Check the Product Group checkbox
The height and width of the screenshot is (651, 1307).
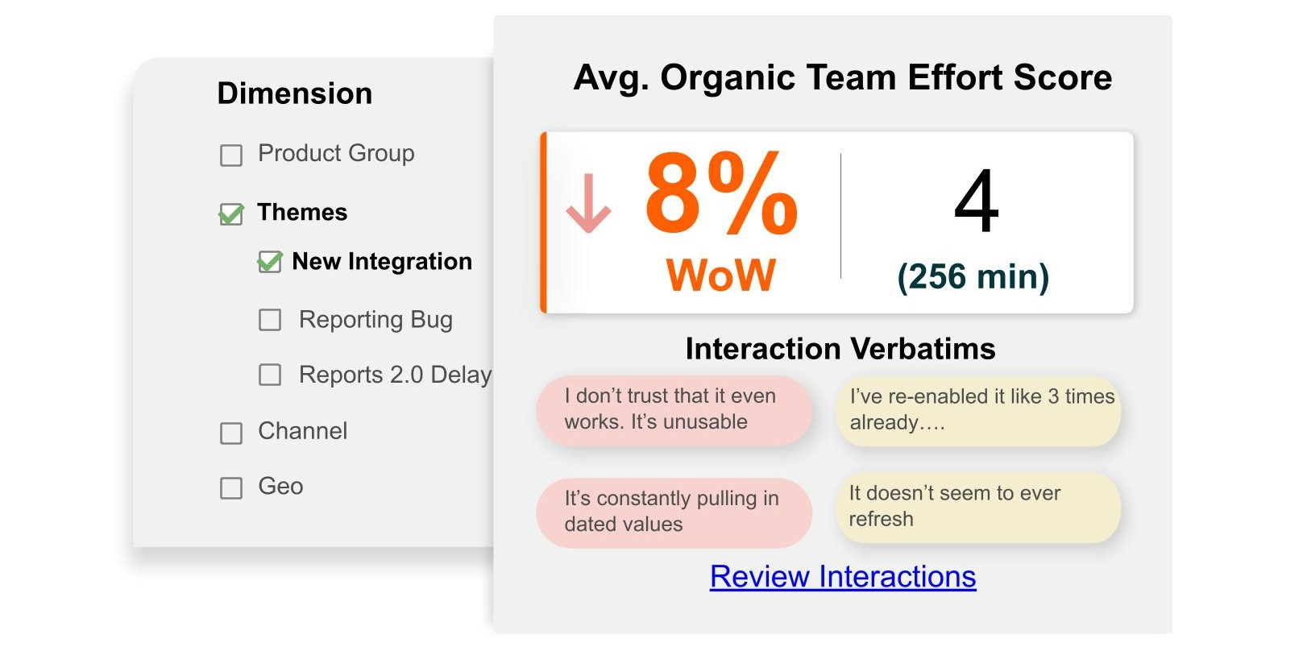click(231, 155)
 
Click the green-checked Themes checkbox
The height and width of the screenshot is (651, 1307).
click(231, 214)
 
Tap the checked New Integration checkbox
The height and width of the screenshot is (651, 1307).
click(270, 262)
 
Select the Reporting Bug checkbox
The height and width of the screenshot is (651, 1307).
click(270, 320)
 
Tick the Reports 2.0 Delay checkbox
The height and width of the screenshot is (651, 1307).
click(270, 375)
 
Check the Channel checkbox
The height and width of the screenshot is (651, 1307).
click(231, 433)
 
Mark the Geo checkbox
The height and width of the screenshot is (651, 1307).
click(231, 487)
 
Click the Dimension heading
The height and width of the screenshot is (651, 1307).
click(295, 93)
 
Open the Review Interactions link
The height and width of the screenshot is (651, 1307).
click(843, 577)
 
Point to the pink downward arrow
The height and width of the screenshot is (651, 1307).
click(588, 203)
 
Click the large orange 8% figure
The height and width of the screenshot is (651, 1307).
click(721, 193)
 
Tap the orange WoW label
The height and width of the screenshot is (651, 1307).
click(721, 275)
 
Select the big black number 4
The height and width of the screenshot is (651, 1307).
click(976, 201)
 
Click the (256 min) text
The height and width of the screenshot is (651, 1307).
click(973, 276)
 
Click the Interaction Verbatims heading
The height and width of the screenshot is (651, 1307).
click(840, 349)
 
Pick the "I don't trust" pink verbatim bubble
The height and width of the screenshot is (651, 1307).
click(674, 411)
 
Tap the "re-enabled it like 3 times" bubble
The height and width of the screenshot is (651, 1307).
click(978, 411)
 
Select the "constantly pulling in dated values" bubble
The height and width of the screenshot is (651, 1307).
click(674, 512)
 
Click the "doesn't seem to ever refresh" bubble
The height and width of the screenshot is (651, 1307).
click(978, 508)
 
